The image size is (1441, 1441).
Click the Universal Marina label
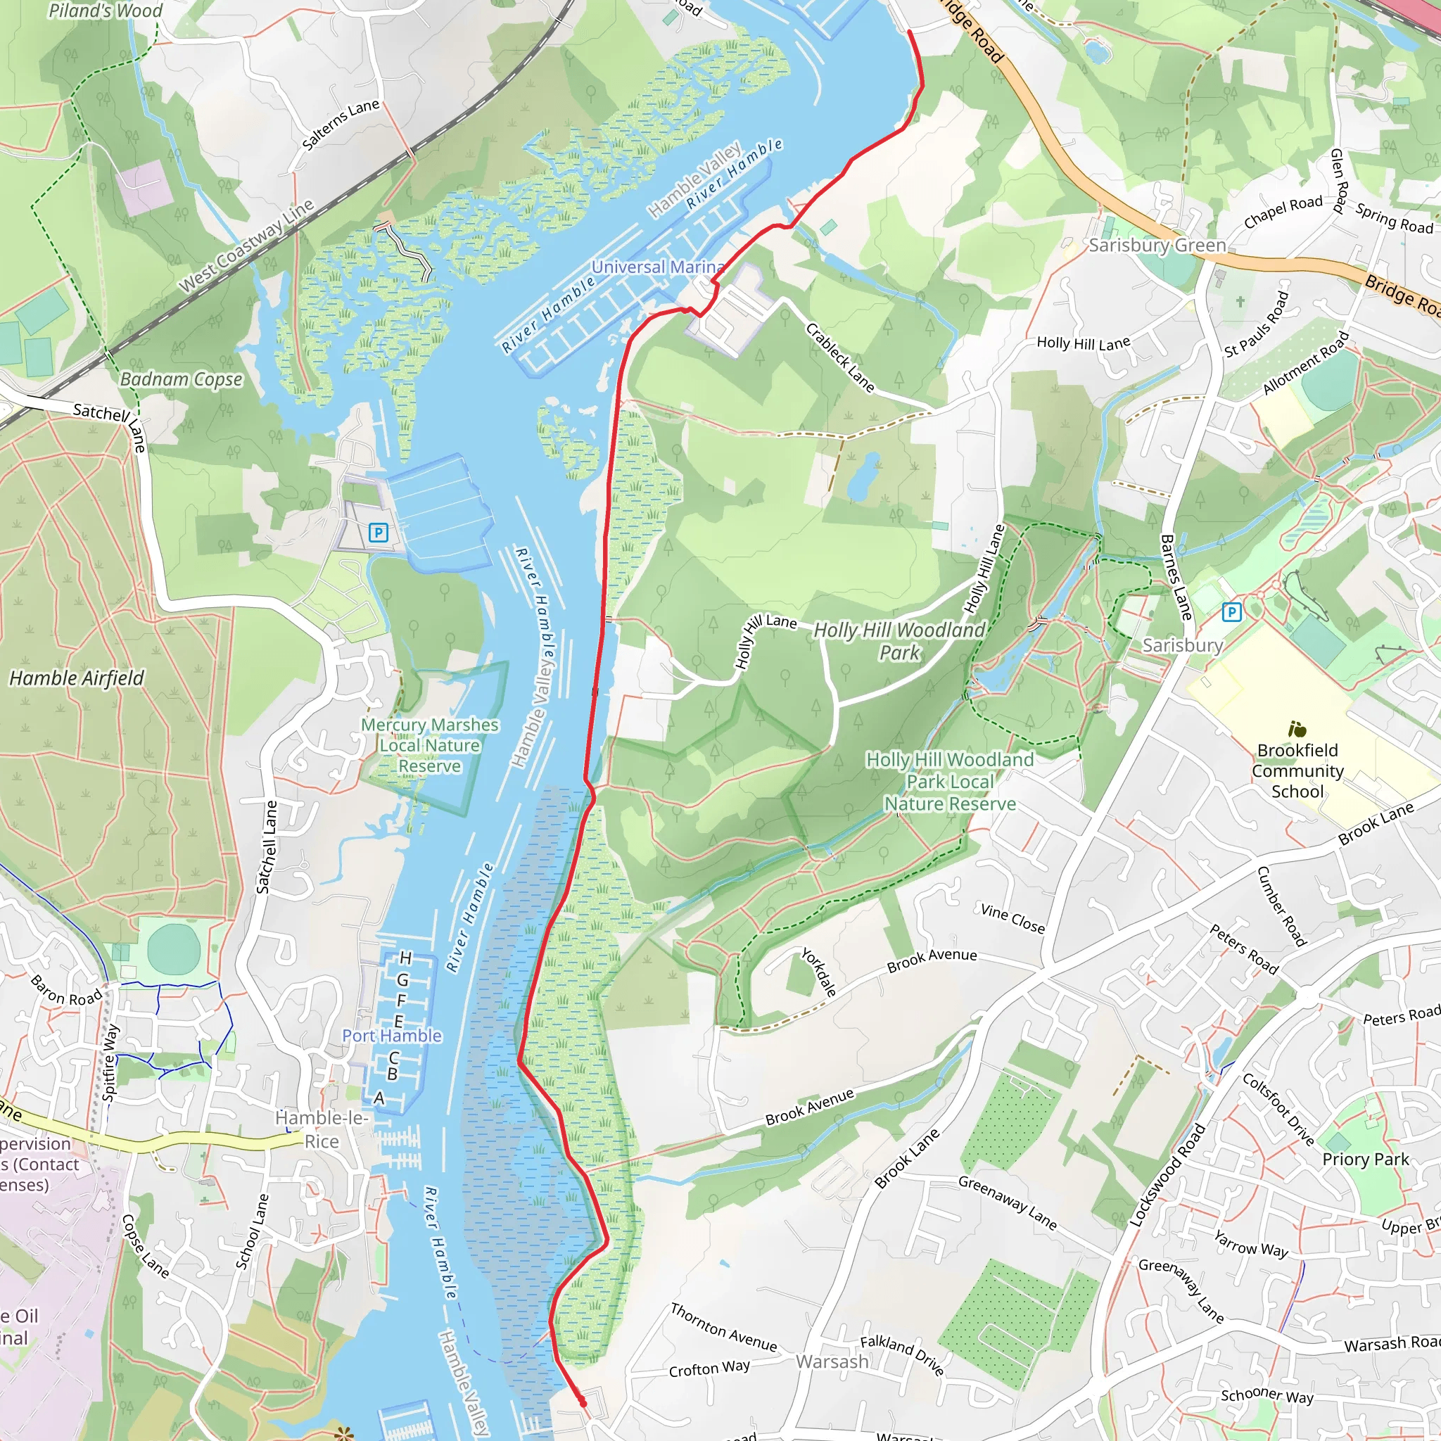pos(657,267)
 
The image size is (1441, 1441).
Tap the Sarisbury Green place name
pos(1157,246)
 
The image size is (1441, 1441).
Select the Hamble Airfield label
pos(77,678)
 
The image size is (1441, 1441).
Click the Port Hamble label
pos(392,1036)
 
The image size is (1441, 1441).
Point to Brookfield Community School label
pos(1297,770)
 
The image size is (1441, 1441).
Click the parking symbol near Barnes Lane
pos(1231,612)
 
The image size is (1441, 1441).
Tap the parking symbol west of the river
pos(378,533)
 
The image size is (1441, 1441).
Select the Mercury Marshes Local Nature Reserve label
pos(430,745)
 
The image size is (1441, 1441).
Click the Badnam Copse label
pos(182,380)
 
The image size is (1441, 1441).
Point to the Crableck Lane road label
pos(840,357)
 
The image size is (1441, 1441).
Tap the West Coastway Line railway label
pos(247,246)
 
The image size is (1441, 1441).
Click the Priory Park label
pos(1366,1159)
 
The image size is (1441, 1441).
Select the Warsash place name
pos(832,1362)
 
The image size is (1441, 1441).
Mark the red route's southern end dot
pos(583,1404)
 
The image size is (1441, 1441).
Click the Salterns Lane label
pos(341,124)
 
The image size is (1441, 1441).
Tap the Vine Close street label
pos(1012,919)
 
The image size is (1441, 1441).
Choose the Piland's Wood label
pos(105,11)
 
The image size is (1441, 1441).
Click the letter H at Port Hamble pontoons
pos(406,958)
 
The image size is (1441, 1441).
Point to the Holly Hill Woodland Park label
pos(899,641)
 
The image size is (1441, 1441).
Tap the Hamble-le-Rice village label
pos(322,1129)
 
